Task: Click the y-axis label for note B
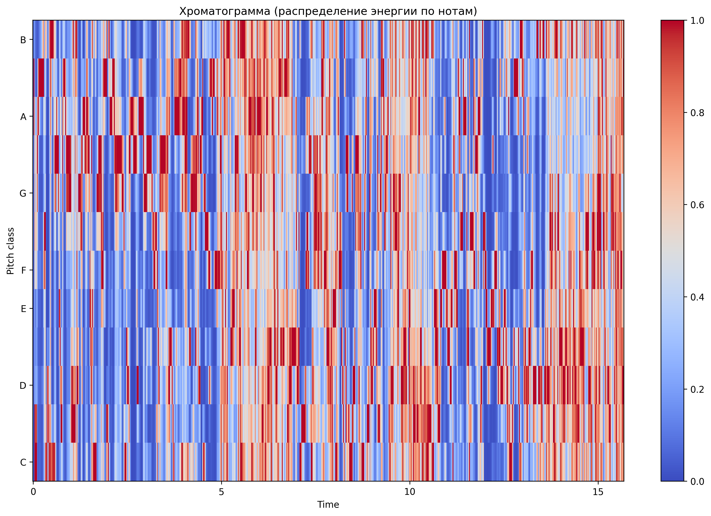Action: tap(23, 40)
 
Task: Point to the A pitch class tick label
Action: tap(23, 117)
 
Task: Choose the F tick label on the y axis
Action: tap(23, 270)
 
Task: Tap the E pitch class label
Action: tap(23, 309)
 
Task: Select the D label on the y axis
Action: tap(23, 386)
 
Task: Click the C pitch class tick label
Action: tap(23, 462)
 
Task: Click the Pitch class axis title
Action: tap(11, 251)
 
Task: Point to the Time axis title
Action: tap(328, 504)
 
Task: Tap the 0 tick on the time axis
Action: tap(33, 492)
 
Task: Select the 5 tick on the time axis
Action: tap(221, 492)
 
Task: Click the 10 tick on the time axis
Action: tap(410, 492)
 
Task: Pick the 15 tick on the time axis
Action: tap(598, 492)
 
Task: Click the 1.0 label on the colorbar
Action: tap(697, 21)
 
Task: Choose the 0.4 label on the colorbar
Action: tap(697, 297)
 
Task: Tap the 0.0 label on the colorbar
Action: tap(697, 481)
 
